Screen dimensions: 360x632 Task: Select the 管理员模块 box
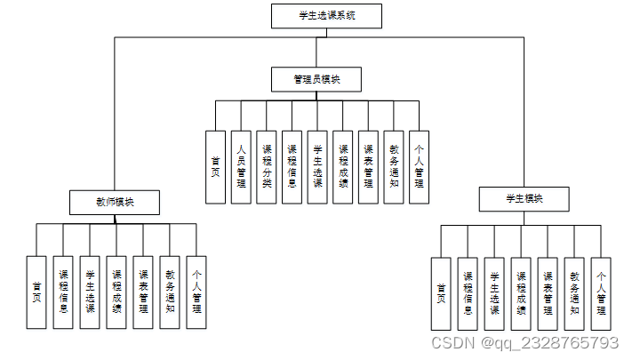click(x=316, y=79)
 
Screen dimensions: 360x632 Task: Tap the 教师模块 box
click(x=115, y=202)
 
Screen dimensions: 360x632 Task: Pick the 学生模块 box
click(x=524, y=199)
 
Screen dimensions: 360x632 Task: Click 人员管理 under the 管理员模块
click(x=240, y=167)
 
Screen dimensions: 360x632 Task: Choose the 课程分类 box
click(x=266, y=167)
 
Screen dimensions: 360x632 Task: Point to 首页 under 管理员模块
click(x=215, y=167)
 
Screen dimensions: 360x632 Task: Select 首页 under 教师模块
click(x=36, y=292)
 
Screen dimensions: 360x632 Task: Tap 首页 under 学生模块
click(x=441, y=293)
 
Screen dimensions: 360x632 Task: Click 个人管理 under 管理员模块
click(x=420, y=167)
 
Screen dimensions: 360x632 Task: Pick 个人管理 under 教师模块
click(x=196, y=292)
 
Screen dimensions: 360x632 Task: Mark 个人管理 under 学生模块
click(x=602, y=293)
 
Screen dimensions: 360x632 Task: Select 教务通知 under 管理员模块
click(x=394, y=167)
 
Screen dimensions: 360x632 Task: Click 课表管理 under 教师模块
click(x=143, y=292)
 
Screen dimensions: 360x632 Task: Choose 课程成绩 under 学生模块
click(x=522, y=293)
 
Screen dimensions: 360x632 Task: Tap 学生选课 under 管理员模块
click(x=317, y=167)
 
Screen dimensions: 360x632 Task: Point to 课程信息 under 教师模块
click(x=63, y=292)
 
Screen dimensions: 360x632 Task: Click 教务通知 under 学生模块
click(x=575, y=293)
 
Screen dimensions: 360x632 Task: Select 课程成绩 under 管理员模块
click(x=343, y=167)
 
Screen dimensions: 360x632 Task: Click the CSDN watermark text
click(x=524, y=343)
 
